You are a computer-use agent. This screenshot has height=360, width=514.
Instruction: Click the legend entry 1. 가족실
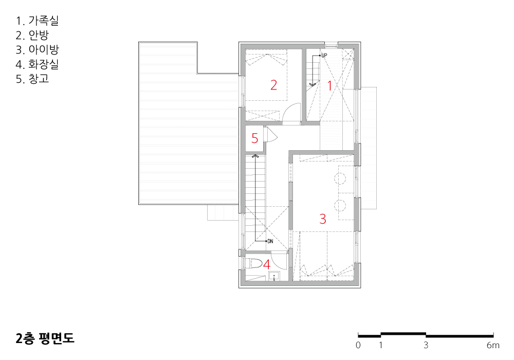coord(37,21)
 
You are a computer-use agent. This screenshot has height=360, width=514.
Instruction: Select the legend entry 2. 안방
coord(32,35)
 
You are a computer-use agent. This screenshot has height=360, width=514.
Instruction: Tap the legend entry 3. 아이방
coord(37,49)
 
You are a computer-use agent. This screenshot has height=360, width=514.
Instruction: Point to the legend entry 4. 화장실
coord(37,64)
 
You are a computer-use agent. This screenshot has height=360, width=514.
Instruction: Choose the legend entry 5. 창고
coord(32,79)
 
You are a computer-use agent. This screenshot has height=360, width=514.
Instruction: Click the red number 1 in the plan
coord(330,86)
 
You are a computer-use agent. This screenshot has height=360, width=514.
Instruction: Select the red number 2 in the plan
coord(274,85)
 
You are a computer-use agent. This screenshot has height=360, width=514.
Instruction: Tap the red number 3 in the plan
coord(323,219)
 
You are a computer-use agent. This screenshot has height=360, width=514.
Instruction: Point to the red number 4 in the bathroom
coord(267,264)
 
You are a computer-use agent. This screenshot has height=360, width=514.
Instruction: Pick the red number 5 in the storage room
coord(255,138)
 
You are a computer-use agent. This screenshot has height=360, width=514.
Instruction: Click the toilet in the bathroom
coord(254,263)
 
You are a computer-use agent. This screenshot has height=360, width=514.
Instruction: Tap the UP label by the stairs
coord(324,56)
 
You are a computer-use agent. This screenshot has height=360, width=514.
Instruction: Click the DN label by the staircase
coord(270,241)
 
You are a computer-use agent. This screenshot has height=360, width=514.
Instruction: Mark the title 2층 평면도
coord(45,338)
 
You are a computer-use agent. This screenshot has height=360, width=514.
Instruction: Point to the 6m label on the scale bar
coord(493,345)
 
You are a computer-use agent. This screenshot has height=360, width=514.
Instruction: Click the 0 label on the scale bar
coord(358,345)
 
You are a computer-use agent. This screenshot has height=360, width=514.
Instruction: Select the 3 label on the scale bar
coord(426,345)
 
